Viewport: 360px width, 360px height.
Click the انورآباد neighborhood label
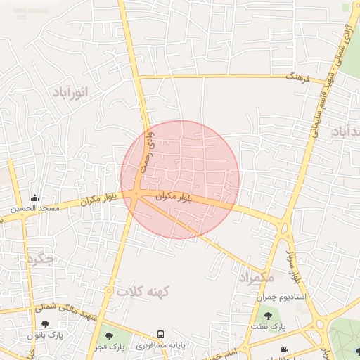(x=72, y=93)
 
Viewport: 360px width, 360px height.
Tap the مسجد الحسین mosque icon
(x=34, y=198)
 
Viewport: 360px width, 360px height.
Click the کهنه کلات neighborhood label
(x=139, y=290)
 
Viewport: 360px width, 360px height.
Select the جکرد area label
(x=39, y=259)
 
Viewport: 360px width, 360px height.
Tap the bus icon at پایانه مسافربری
(x=161, y=334)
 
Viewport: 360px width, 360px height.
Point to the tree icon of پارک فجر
(x=108, y=336)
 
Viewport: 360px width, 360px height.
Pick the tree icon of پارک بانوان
(x=46, y=324)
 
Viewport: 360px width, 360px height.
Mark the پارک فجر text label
(x=110, y=347)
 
